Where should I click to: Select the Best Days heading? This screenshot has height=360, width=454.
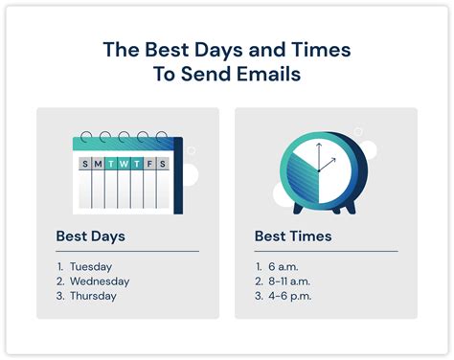point(90,235)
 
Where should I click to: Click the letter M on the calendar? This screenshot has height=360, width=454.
point(99,165)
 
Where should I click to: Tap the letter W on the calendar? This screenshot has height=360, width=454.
point(125,165)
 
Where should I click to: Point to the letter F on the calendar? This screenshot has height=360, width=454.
point(150,165)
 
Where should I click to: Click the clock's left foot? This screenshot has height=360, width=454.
point(300,208)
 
